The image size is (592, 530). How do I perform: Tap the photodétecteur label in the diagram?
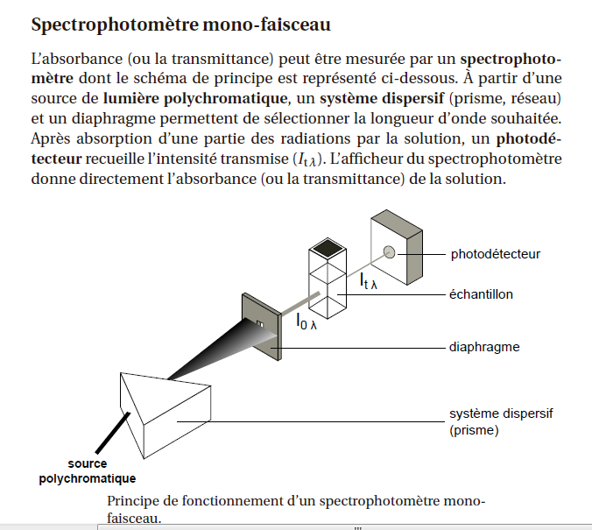click(495, 255)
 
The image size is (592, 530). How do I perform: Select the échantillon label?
click(482, 294)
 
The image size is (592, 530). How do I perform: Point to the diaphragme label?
click(484, 347)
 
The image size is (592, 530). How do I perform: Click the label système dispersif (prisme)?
click(501, 421)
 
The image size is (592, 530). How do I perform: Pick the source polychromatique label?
click(87, 470)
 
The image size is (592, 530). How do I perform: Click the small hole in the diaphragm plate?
click(259, 326)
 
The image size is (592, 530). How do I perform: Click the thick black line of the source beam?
click(104, 433)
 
